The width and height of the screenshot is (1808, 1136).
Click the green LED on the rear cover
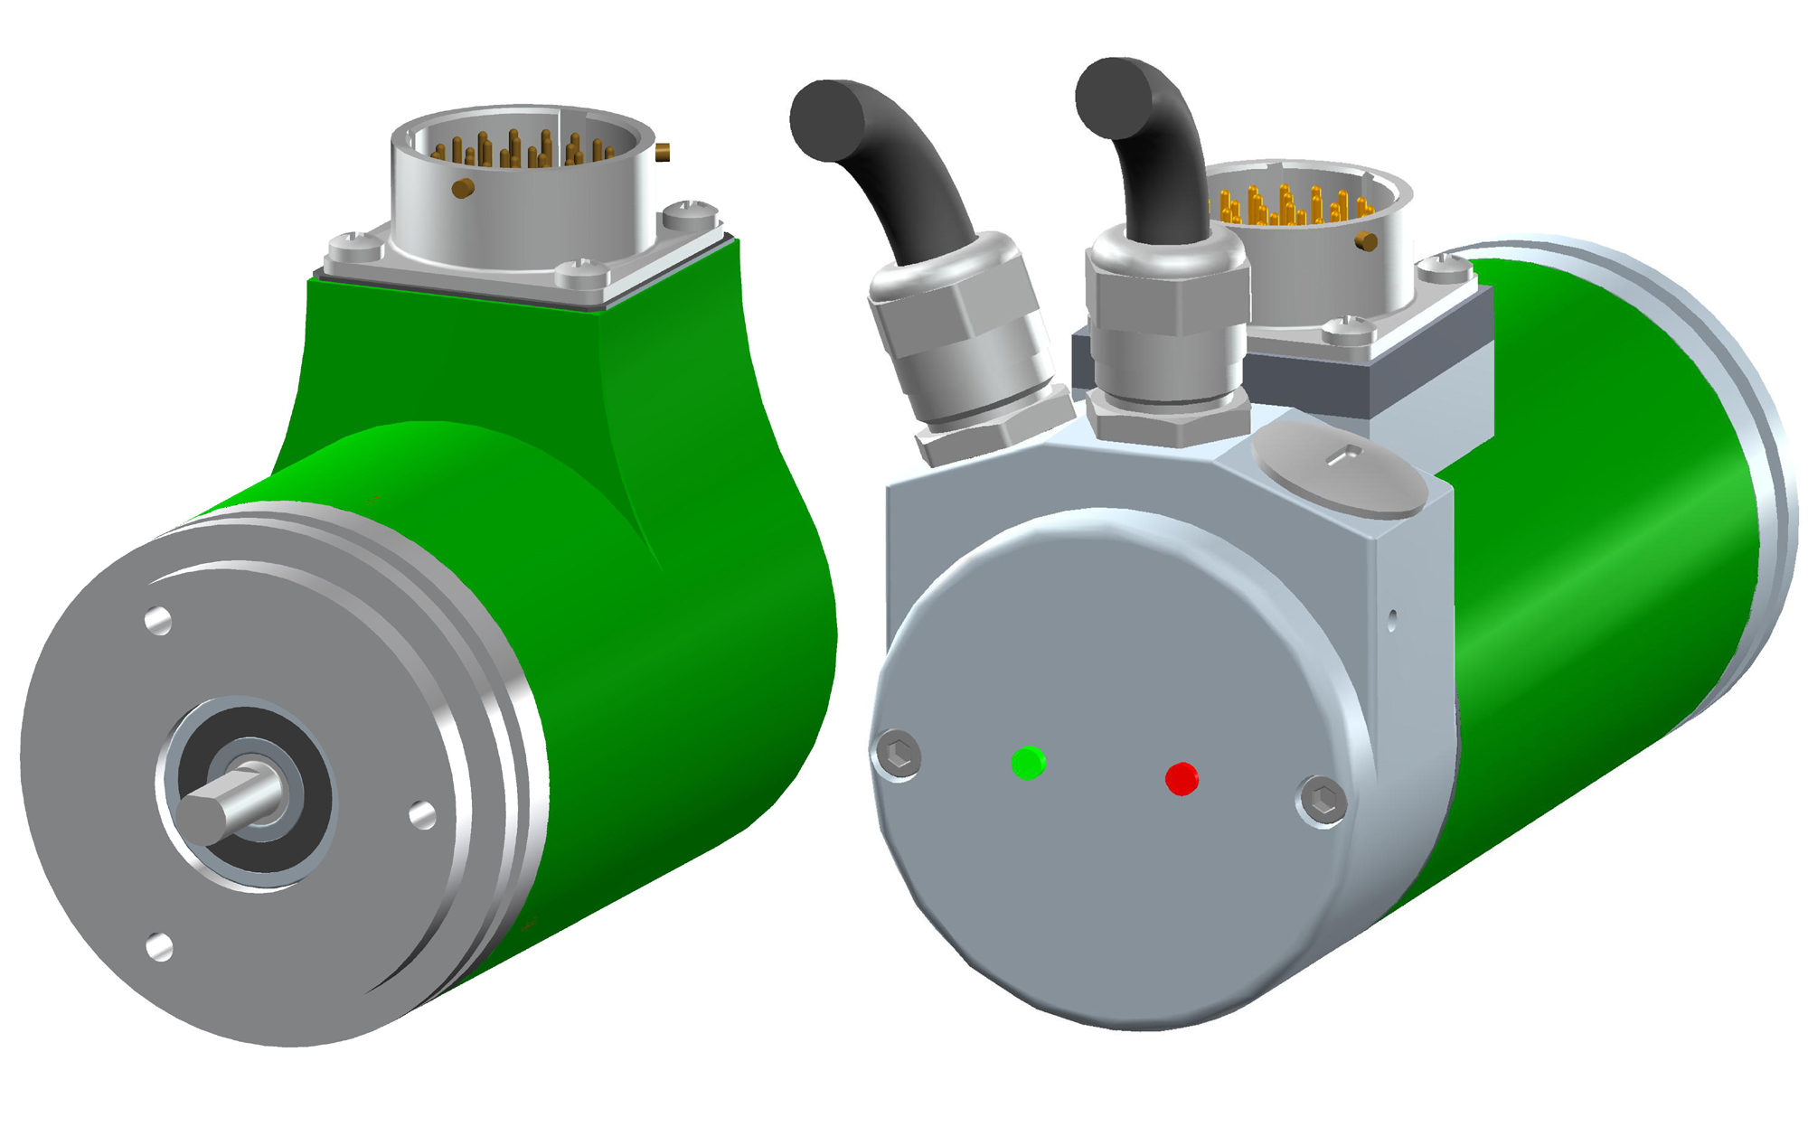tap(1028, 763)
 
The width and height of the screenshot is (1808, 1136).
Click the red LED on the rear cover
tap(1182, 778)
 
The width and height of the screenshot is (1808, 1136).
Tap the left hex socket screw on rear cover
tap(899, 754)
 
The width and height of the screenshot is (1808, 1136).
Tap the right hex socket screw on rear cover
tap(1323, 801)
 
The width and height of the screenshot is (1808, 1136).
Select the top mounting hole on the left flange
tap(158, 621)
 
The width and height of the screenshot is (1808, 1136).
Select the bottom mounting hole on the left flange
tap(159, 947)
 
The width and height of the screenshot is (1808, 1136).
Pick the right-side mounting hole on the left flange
tap(422, 815)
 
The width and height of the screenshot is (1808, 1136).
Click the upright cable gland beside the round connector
tap(1166, 334)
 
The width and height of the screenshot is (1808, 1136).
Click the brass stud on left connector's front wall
tap(463, 188)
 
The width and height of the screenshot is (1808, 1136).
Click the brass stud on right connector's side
tap(1367, 241)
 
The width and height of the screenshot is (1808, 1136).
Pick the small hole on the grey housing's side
tap(1392, 619)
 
